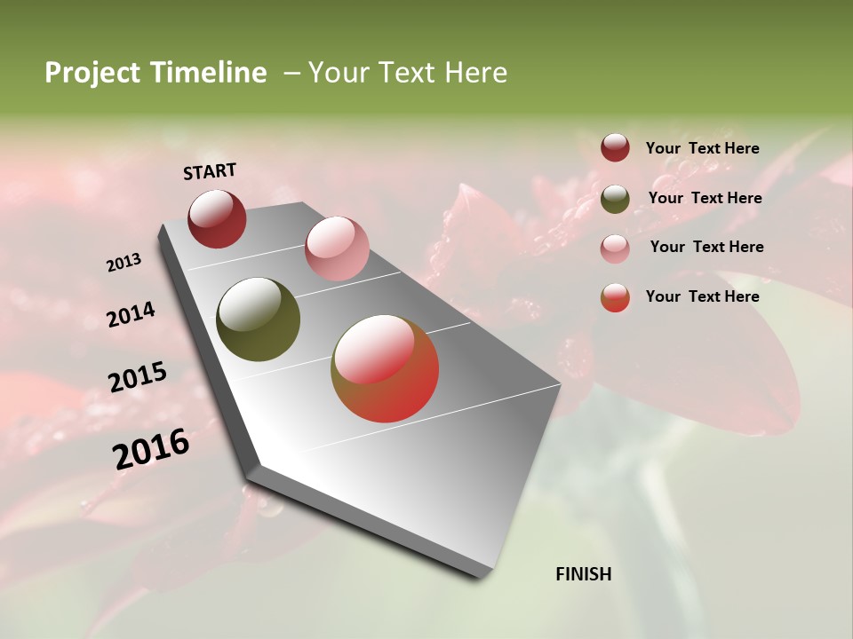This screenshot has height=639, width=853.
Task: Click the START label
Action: point(210,170)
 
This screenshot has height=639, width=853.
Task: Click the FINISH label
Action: point(583,574)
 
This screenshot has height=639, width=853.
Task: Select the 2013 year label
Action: point(124,263)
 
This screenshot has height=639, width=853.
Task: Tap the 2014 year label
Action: point(132,314)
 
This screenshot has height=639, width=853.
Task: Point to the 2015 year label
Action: point(138,377)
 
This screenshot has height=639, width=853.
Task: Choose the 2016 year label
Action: point(151,448)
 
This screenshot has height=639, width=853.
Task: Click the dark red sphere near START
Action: point(217,218)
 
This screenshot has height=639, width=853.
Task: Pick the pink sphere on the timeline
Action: point(337,248)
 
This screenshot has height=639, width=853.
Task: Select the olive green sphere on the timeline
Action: point(258,319)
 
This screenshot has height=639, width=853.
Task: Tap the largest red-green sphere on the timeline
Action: point(385,368)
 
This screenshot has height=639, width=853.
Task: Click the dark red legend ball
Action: point(615,147)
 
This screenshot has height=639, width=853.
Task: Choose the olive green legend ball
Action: point(615,199)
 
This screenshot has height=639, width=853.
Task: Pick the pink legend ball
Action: point(615,248)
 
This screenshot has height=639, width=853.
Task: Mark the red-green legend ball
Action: point(615,297)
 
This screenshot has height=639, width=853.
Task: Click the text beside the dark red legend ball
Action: point(702,148)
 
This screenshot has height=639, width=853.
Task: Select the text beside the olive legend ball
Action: point(705,198)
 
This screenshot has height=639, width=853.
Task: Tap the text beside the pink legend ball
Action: point(706,247)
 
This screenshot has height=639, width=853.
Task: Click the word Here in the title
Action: point(475,73)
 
